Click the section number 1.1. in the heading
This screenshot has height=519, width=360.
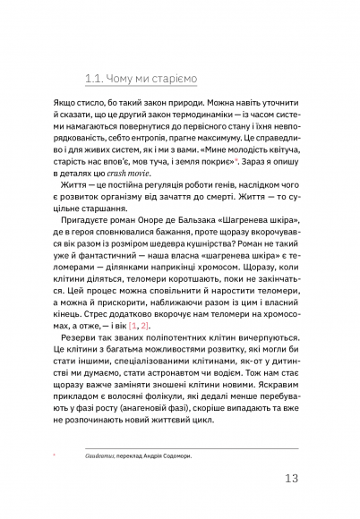(x=94, y=78)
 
